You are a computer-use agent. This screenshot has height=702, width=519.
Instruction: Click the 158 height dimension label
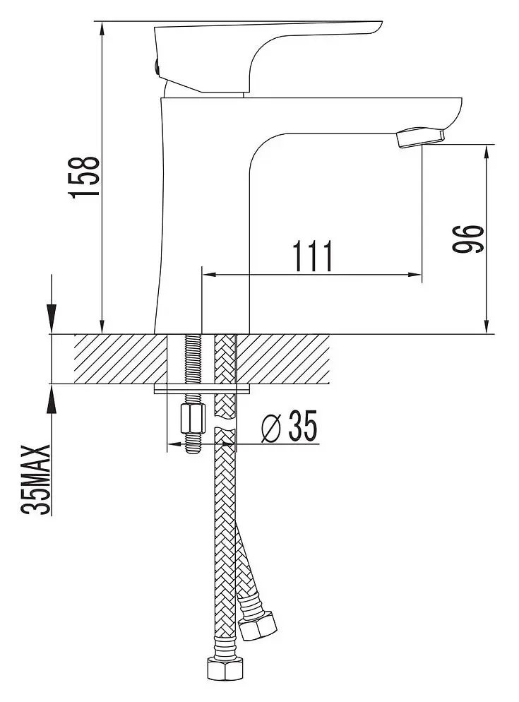click(83, 177)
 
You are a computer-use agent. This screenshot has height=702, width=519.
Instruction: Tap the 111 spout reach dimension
click(313, 256)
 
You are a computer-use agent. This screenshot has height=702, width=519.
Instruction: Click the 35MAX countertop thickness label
click(37, 480)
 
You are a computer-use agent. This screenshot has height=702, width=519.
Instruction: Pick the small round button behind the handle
click(155, 66)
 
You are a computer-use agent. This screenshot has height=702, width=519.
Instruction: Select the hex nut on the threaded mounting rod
click(192, 418)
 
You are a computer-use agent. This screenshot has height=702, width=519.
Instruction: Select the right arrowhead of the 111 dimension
click(414, 275)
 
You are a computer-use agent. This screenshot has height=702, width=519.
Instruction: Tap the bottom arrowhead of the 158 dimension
click(102, 326)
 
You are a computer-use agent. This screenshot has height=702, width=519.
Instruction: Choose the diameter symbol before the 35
click(270, 427)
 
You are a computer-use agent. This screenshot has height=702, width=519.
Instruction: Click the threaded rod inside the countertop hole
click(192, 359)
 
